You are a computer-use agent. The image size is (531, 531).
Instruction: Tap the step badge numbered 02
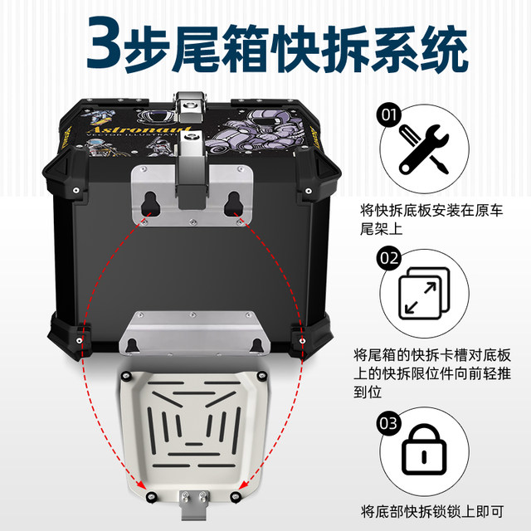tap(388, 257)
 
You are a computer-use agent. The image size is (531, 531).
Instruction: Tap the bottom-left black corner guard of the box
tap(70, 333)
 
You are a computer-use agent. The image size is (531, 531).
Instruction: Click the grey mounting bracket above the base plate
tap(193, 332)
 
